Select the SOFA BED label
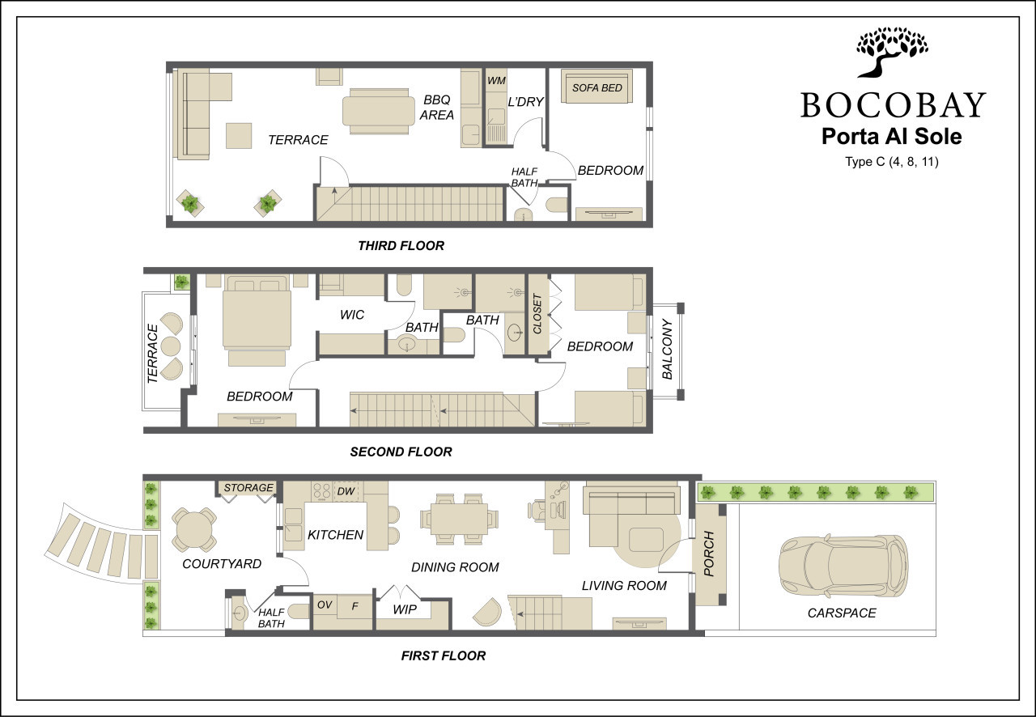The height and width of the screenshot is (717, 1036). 597,88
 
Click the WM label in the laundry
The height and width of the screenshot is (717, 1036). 496,80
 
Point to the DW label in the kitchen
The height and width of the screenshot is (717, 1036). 346,491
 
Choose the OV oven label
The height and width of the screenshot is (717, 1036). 325,605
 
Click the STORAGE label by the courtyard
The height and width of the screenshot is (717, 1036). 248,487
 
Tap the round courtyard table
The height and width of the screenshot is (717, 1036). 194,529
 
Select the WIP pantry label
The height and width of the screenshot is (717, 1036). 405,609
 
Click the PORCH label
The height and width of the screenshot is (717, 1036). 709,554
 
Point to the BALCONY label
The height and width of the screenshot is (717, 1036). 667,350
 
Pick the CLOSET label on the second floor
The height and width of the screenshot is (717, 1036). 537,314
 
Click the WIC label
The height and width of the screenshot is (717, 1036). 352,315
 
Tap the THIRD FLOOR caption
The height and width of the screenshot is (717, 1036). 401,246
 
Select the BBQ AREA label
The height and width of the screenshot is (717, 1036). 436,108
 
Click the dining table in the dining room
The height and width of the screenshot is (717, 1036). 459,518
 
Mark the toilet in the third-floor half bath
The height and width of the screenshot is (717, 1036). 557,205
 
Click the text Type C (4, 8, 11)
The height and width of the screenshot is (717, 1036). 892,162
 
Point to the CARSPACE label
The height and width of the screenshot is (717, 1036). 842,613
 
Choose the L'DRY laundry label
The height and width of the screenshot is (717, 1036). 525,102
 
